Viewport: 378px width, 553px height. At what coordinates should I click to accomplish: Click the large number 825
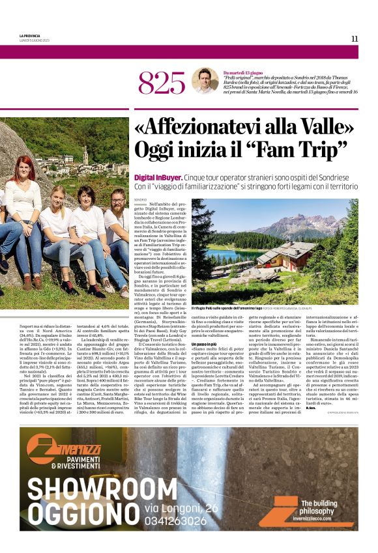click(x=162, y=83)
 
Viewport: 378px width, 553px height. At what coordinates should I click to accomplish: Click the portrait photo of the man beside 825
click(x=205, y=81)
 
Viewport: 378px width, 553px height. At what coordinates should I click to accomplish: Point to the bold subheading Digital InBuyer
click(x=157, y=177)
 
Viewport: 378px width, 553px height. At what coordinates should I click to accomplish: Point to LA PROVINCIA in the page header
click(x=29, y=35)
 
